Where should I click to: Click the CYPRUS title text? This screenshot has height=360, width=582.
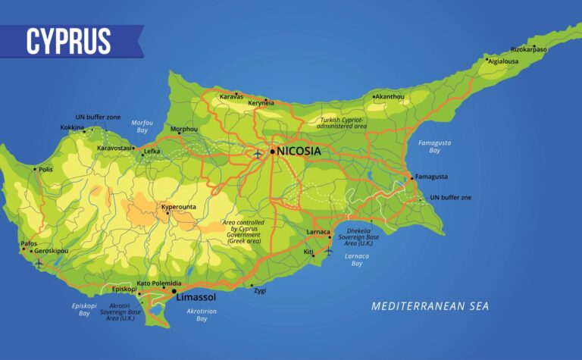(x=68, y=41)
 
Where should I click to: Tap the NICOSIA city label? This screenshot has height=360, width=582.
(x=299, y=152)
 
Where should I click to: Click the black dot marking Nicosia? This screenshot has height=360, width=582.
(x=272, y=152)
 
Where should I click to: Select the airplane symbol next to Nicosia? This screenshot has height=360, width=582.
(x=258, y=153)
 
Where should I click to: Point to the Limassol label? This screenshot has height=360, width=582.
(x=196, y=299)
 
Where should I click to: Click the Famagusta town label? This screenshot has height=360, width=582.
(x=431, y=177)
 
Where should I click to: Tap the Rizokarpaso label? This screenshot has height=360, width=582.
(x=528, y=49)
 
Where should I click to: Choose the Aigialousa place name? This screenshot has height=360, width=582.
(x=504, y=61)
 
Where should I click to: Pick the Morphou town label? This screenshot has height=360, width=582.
(x=183, y=129)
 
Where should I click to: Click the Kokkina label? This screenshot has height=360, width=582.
(x=72, y=127)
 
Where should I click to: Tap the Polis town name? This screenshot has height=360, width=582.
(x=45, y=170)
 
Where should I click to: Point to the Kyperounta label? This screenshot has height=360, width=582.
(x=180, y=206)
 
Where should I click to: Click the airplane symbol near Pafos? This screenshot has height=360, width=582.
(x=39, y=263)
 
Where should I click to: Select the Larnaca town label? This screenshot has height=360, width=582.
(x=318, y=231)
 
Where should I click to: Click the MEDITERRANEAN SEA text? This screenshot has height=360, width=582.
(x=430, y=306)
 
